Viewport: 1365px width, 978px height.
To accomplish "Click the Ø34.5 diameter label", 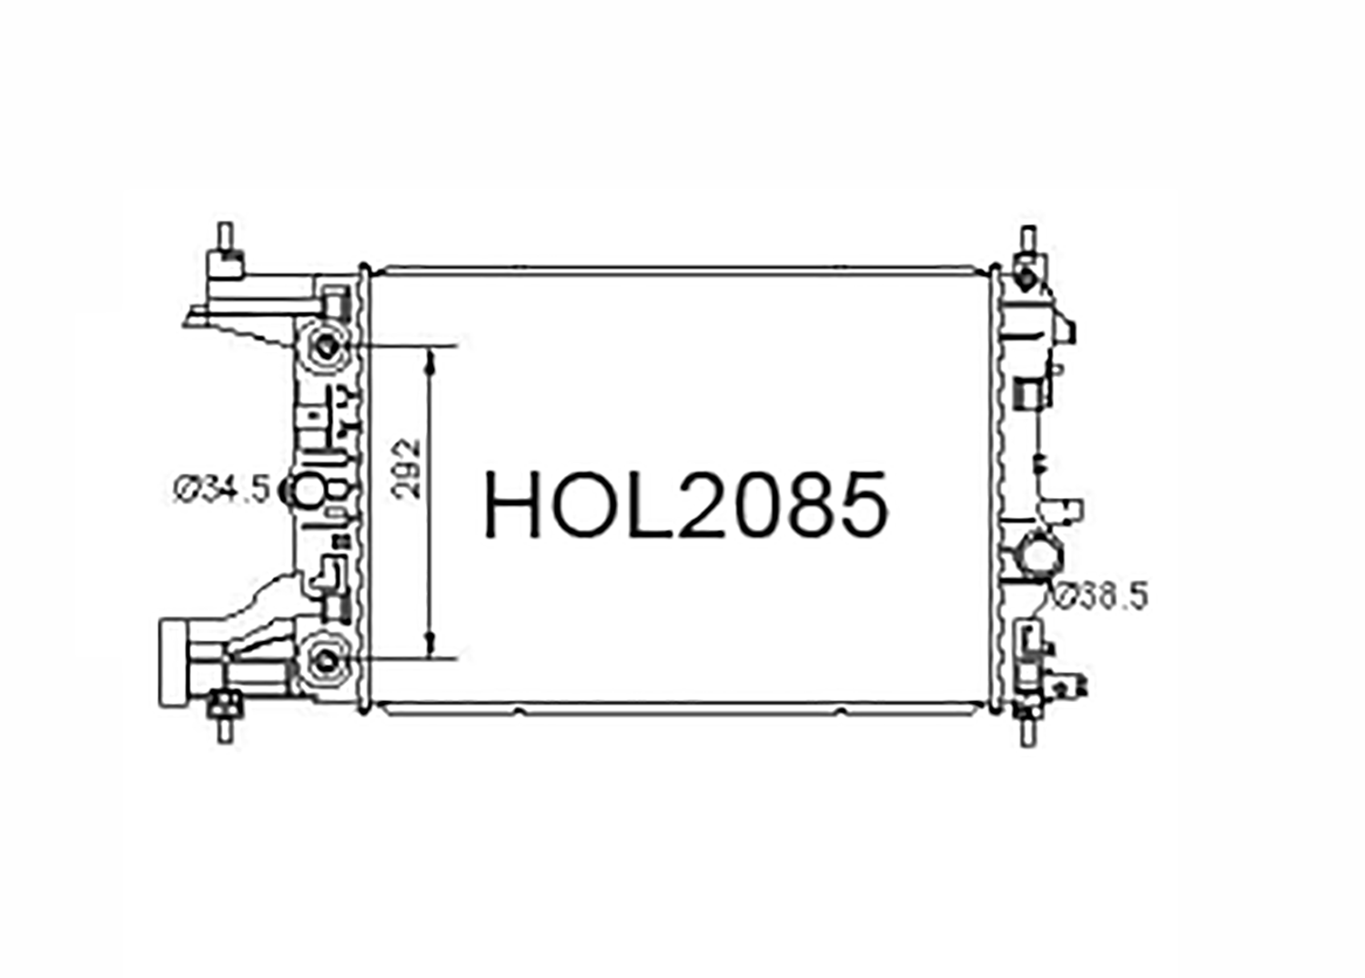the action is [x=220, y=490].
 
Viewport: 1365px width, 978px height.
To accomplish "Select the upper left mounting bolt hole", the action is [x=328, y=347].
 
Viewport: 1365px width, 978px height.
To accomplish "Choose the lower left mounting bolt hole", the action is [x=328, y=661].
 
